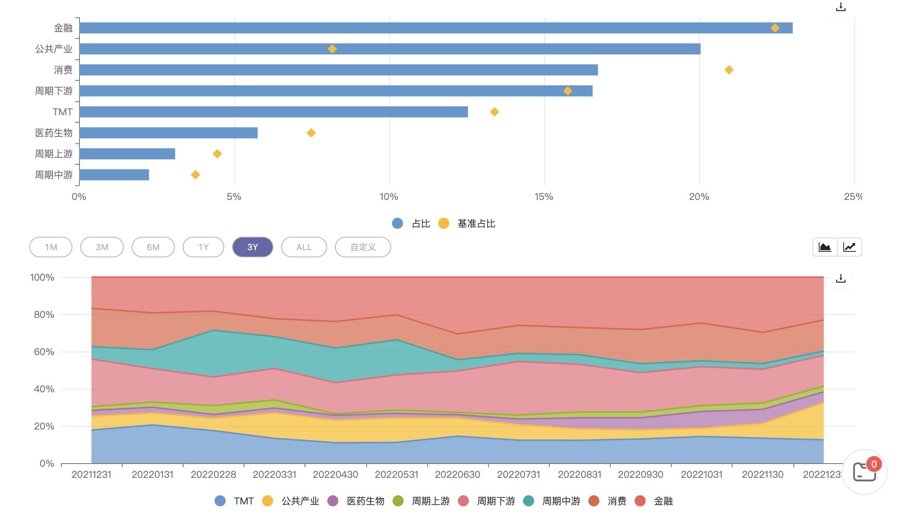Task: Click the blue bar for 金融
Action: coord(435,28)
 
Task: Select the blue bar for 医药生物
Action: coord(168,133)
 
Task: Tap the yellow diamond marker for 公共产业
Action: coord(332,49)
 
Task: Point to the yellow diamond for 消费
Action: coord(729,70)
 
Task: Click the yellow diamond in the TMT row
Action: coord(494,112)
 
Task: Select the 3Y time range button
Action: coord(252,247)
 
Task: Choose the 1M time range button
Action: coord(51,247)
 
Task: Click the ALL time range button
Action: coord(304,247)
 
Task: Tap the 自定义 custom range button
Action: coord(363,247)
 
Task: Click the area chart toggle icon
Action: coord(825,247)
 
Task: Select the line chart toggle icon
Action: coord(849,247)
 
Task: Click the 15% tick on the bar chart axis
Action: coord(544,197)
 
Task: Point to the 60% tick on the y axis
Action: coord(44,352)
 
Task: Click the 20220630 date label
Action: coord(458,474)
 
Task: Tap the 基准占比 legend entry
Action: coord(468,224)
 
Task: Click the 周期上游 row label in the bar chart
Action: coord(54,154)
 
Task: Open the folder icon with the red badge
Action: coord(864,472)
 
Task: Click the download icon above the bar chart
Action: coord(840,7)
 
